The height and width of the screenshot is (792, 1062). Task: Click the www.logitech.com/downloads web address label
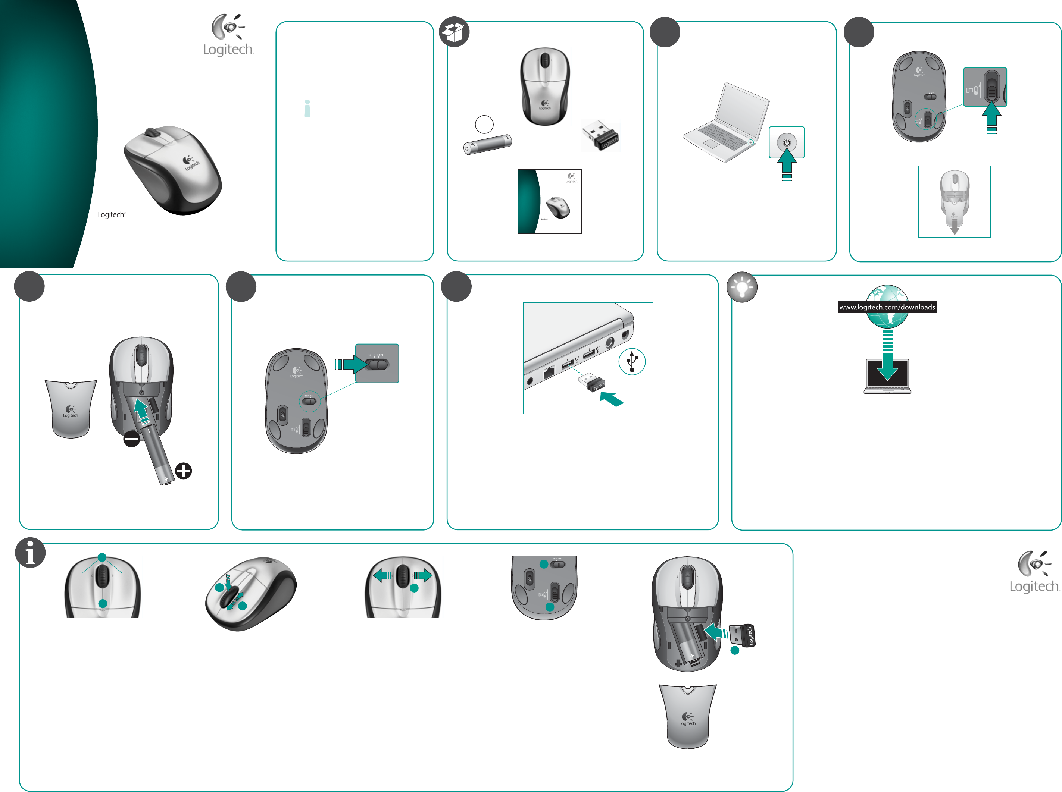pyautogui.click(x=887, y=307)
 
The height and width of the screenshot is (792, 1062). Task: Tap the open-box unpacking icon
pyautogui.click(x=454, y=32)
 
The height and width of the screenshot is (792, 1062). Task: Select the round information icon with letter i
pyautogui.click(x=30, y=552)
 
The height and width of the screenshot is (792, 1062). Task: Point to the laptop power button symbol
pyautogui.click(x=787, y=142)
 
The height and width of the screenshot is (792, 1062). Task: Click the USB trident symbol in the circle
pyautogui.click(x=632, y=361)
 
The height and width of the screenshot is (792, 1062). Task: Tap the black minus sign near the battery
pyautogui.click(x=131, y=439)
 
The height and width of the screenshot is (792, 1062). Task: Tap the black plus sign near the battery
pyautogui.click(x=183, y=471)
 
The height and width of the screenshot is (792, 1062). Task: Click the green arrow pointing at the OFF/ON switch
pyautogui.click(x=352, y=364)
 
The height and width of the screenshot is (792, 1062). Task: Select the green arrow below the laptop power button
pyautogui.click(x=787, y=163)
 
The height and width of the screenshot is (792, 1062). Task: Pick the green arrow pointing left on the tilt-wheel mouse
pyautogui.click(x=382, y=575)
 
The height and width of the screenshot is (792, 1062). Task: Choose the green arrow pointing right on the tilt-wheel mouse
pyautogui.click(x=422, y=575)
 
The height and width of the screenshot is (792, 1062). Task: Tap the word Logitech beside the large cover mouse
pyautogui.click(x=111, y=215)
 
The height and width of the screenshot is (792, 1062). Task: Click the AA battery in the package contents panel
pyautogui.click(x=487, y=144)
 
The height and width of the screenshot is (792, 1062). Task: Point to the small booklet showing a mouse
pyautogui.click(x=549, y=201)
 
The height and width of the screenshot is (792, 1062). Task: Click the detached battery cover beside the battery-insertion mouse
pyautogui.click(x=71, y=408)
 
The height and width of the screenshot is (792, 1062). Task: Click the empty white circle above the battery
pyautogui.click(x=484, y=124)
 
